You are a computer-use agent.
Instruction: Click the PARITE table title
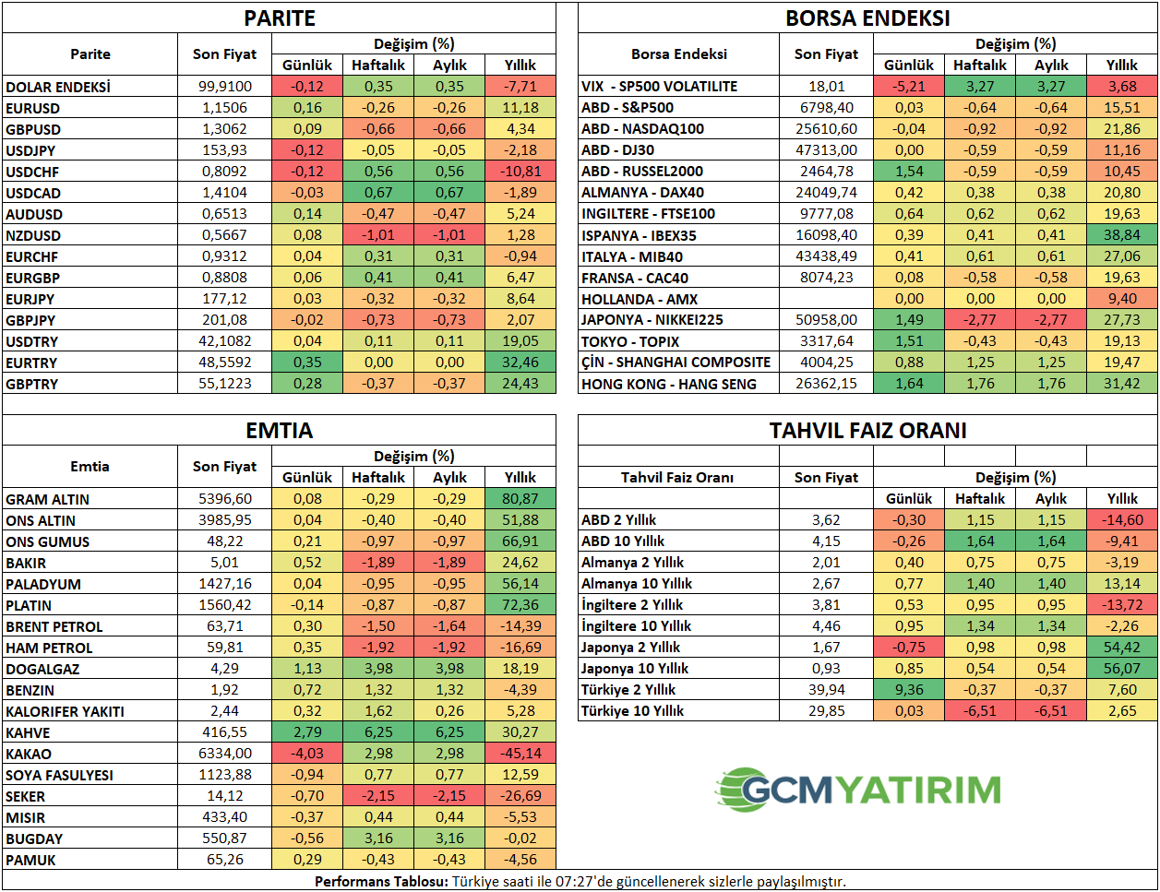pos(279,18)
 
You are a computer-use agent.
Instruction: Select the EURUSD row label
pos(33,108)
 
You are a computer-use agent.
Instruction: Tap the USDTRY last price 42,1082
pos(224,341)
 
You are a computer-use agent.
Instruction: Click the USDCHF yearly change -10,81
pos(520,172)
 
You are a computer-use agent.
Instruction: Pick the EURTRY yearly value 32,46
pos(520,363)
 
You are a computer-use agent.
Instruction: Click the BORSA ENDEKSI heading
pos(867,18)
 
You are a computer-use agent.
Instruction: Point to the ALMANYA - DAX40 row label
pos(642,193)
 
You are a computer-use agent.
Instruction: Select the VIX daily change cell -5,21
pos(909,87)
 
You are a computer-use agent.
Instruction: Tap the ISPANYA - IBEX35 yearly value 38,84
pos(1122,235)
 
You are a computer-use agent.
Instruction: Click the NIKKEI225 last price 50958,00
pos(826,320)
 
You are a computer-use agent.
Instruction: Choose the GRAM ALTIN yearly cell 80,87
pos(520,499)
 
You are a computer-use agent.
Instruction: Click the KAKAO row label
pos(29,754)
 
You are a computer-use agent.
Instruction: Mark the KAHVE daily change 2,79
pos(307,732)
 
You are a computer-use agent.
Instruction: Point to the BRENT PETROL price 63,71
pos(224,626)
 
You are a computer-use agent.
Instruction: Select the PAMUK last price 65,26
pos(224,860)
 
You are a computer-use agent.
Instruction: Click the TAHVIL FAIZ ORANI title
pos(867,431)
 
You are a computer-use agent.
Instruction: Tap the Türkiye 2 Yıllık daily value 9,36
pos(909,690)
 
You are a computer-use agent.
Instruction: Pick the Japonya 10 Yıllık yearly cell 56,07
pos(1122,669)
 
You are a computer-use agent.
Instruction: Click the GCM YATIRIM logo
pos(858,790)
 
